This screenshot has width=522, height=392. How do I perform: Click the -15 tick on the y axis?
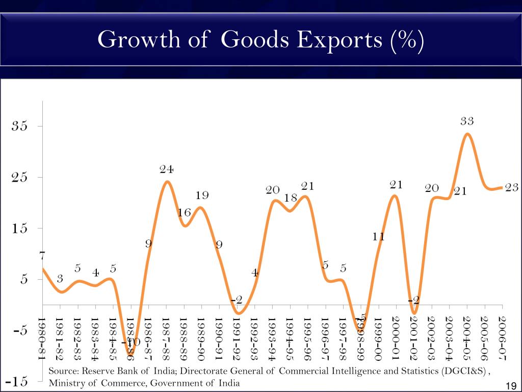pyautogui.click(x=17, y=382)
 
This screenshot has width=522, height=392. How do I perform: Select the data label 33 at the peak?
pyautogui.click(x=467, y=121)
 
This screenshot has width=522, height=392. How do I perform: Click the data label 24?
pyautogui.click(x=167, y=169)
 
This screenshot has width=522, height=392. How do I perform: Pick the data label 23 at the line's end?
pyautogui.click(x=512, y=188)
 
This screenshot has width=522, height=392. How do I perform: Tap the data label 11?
pyautogui.click(x=378, y=237)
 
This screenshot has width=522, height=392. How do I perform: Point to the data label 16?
pyautogui.click(x=184, y=213)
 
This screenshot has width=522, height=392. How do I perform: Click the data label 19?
pyautogui.click(x=202, y=195)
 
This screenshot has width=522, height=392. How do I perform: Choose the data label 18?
pyautogui.click(x=291, y=198)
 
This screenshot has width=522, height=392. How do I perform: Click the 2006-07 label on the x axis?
pyautogui.click(x=503, y=337)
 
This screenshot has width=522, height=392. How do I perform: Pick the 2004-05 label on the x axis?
pyautogui.click(x=467, y=337)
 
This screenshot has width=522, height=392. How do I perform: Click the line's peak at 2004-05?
pyautogui.click(x=467, y=134)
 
